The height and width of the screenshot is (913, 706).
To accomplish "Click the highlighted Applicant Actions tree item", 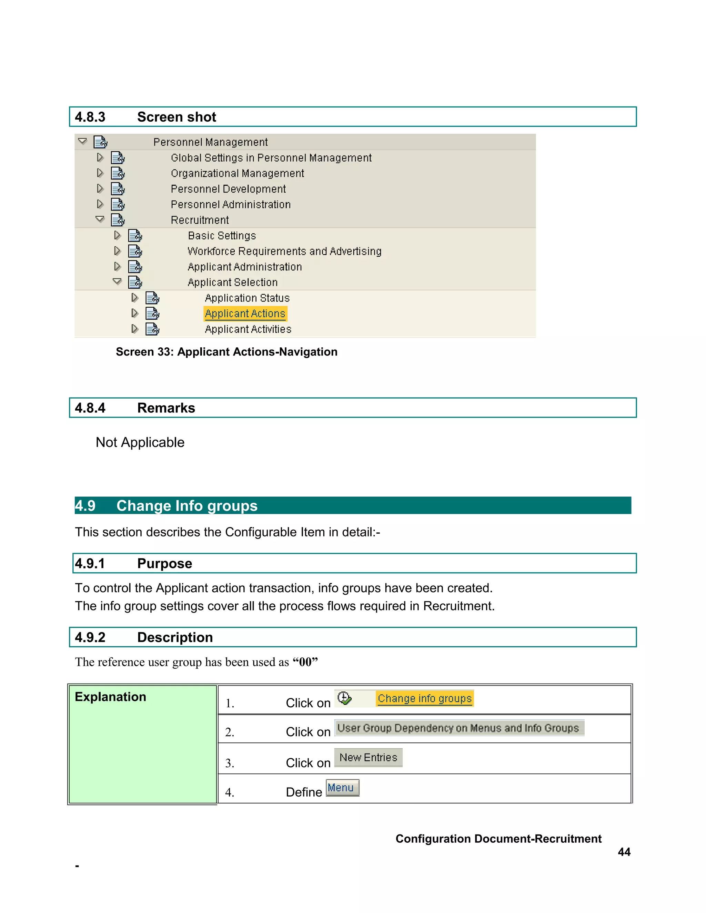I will point(245,314).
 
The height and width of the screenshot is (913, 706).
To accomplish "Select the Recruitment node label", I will point(200,220).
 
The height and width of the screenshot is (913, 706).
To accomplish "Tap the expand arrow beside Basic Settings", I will point(117,235).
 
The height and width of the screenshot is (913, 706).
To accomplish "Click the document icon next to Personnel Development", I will point(118,189).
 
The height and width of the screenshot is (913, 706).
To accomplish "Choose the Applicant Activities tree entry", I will point(248,329).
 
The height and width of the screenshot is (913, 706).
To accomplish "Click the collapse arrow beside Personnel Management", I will point(82,141).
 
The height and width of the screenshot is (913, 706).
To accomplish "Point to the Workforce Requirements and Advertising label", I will point(284,251).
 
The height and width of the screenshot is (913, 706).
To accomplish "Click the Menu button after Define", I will point(342,788).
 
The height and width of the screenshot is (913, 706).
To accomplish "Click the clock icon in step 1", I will point(344,698).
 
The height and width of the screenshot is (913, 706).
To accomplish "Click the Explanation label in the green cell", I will point(110,697).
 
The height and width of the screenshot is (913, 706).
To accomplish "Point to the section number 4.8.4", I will point(90,408).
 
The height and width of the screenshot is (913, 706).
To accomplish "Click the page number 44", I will point(624,852).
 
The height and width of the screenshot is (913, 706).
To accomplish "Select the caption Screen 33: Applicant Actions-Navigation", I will point(226,352).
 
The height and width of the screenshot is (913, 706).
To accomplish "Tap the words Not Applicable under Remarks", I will point(140,442).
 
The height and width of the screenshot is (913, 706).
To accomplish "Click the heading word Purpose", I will point(164,564).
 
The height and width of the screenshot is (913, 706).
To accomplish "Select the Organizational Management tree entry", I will point(237,174).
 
